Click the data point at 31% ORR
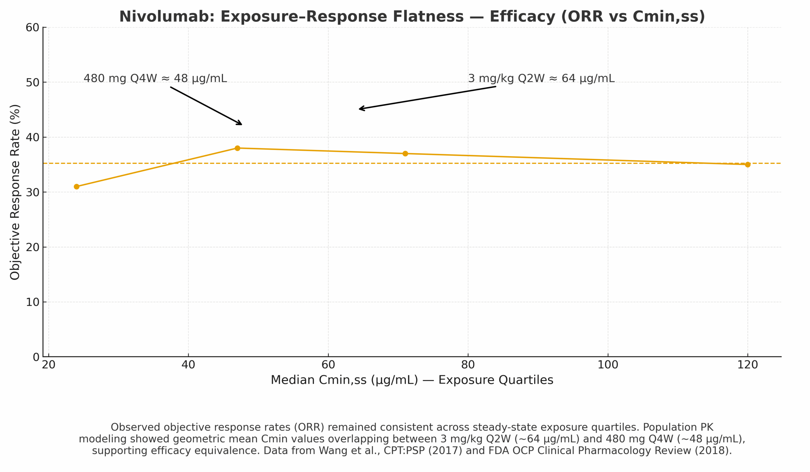coord(77,187)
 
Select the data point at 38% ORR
coord(237,148)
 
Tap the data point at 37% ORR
coord(405,153)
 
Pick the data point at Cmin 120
coord(748,164)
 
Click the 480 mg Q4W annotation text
coord(155,78)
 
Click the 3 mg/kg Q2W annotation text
coord(541,78)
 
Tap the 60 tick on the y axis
coord(33,28)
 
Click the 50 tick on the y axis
coord(33,83)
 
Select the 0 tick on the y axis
coord(36,357)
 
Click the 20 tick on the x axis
coord(48,365)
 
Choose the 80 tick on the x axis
coord(468,365)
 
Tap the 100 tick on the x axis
coord(607,365)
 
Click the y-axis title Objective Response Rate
coord(15,192)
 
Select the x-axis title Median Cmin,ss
coord(412,380)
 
